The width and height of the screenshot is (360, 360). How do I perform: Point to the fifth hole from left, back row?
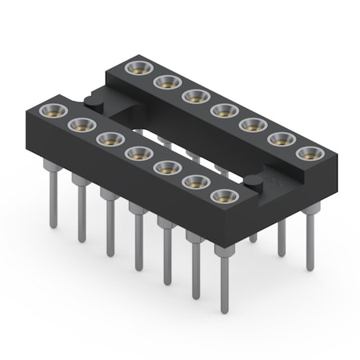point(251,124)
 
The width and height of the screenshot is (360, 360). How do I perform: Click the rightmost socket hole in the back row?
point(308,153)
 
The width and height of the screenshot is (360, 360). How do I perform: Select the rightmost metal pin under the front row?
point(223,280)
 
